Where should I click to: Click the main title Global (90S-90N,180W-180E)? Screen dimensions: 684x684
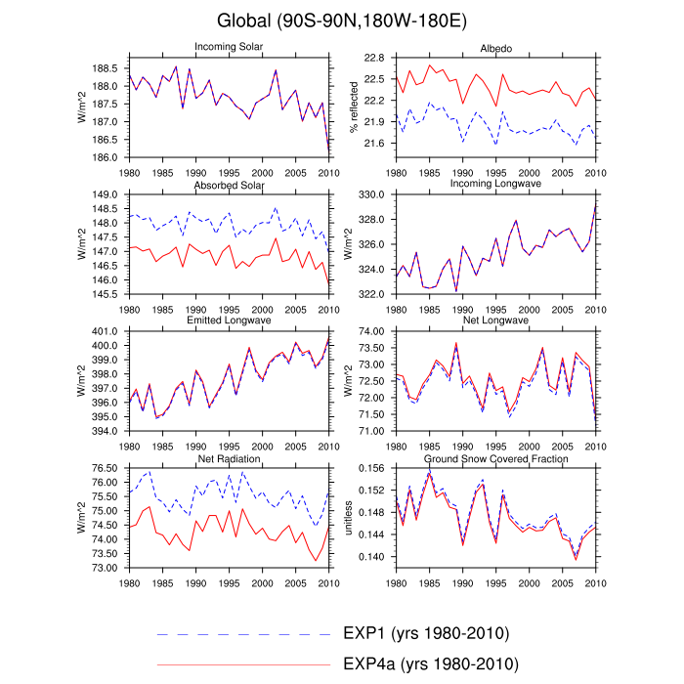coord(342,21)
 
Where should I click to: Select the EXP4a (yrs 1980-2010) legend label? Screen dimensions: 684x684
coord(430,664)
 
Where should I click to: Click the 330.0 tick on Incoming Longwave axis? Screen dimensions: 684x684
coord(374,195)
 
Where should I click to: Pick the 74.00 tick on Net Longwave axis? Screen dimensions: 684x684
coord(374,331)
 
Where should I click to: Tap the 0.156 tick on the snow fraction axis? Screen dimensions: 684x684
coord(374,470)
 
